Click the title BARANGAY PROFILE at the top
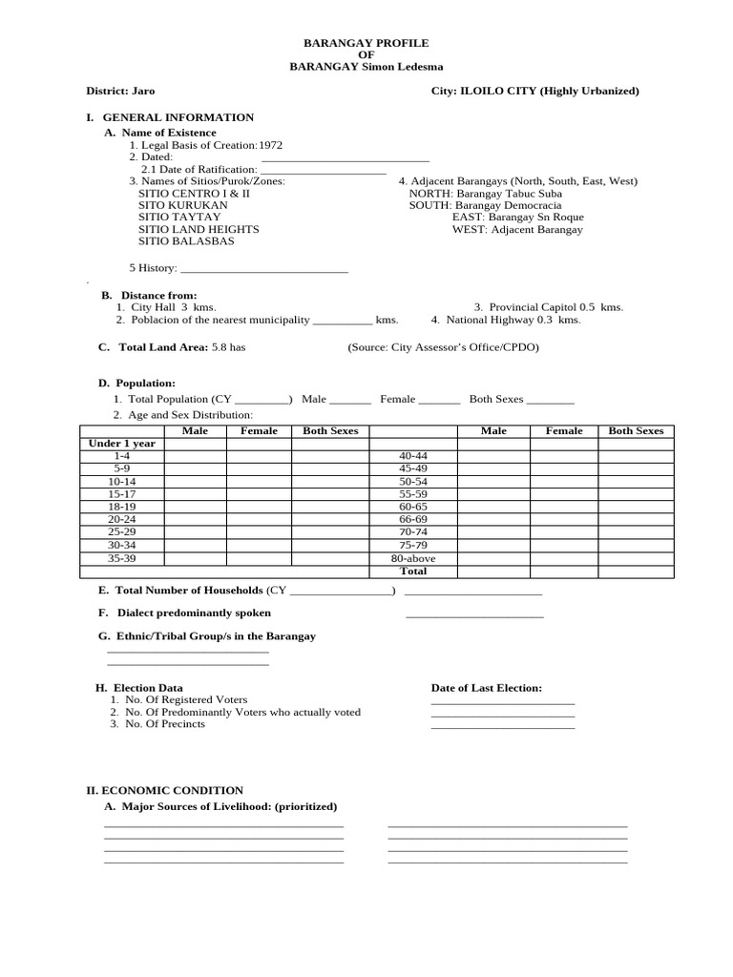pos(366,43)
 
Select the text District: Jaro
pos(120,91)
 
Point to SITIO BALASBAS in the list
pos(186,241)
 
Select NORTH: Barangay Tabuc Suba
pos(486,193)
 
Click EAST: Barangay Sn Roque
pos(517,218)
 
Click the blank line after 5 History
pos(264,269)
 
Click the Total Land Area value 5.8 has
pos(228,347)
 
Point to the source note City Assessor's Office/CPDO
pos(444,347)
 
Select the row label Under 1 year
pos(121,444)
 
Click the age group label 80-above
pos(413,558)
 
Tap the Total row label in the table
pos(413,571)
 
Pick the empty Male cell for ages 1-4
pos(195,456)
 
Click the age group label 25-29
pos(121,532)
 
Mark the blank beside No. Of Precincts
pos(503,724)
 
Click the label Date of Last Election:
pos(487,687)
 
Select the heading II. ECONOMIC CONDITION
pos(165,790)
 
